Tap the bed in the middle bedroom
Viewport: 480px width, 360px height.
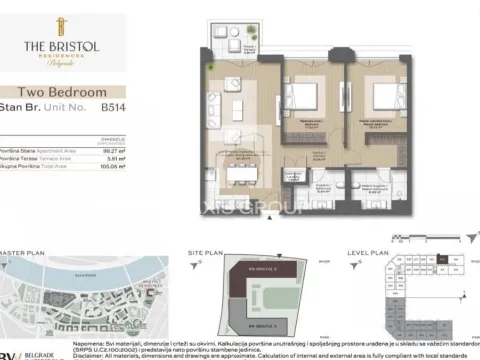coord(304,99)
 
